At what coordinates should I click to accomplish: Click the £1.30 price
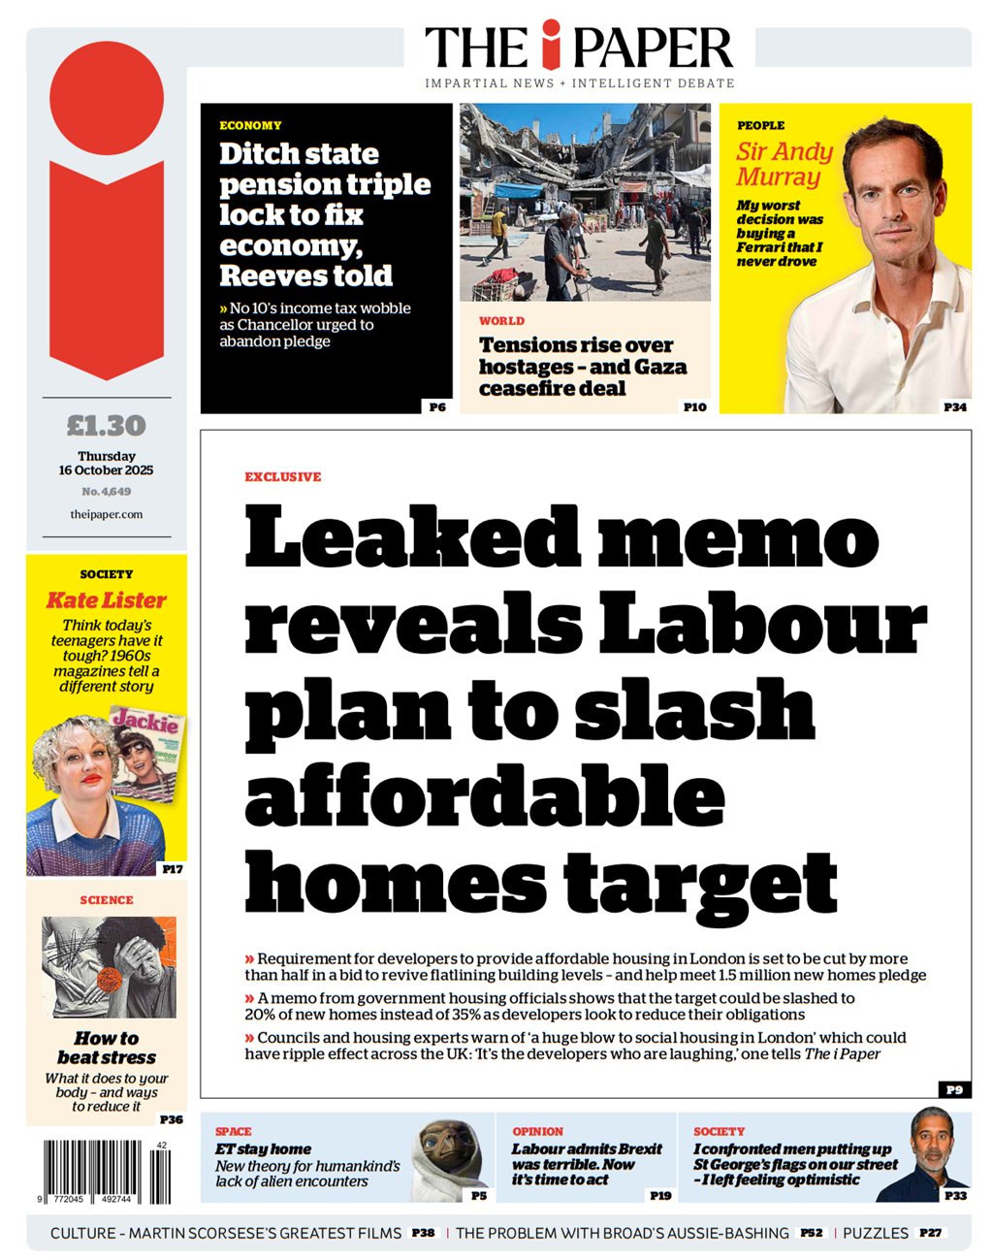[107, 426]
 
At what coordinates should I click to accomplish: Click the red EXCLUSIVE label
[282, 477]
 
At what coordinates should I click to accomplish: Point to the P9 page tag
[954, 1090]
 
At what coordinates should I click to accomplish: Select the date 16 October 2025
[107, 470]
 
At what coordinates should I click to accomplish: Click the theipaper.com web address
[107, 514]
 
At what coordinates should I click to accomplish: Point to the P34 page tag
[954, 407]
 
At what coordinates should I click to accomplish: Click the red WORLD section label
[501, 321]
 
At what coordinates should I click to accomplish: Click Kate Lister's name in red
[107, 600]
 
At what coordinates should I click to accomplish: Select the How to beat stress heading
[107, 1048]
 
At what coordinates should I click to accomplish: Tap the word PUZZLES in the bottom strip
[876, 1233]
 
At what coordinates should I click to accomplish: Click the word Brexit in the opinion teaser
[641, 1149]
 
